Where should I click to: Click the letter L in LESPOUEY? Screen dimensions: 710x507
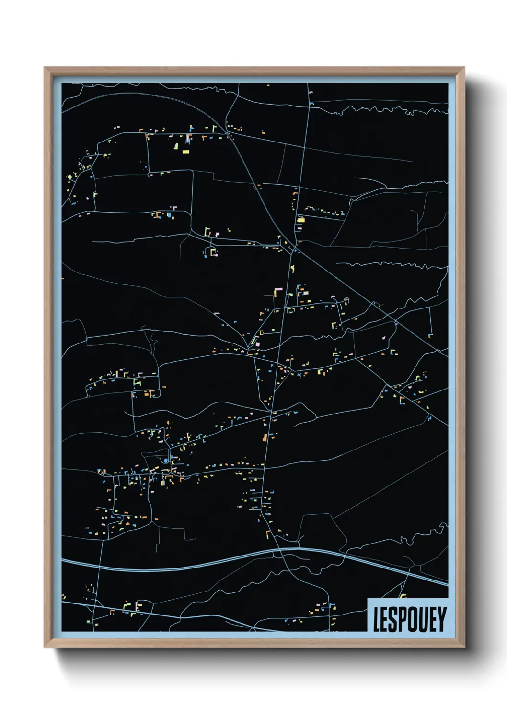click(377, 619)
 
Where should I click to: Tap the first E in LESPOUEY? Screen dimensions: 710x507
click(385, 619)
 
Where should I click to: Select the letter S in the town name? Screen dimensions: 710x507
click(393, 619)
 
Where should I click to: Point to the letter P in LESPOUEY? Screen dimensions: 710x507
click(403, 619)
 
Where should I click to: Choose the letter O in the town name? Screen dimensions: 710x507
click(413, 619)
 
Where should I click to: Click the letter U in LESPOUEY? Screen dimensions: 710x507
click(423, 619)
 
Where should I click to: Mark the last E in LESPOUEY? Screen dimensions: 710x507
click(433, 619)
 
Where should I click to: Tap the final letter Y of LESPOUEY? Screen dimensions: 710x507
click(441, 619)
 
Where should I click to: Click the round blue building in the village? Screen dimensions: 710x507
click(166, 461)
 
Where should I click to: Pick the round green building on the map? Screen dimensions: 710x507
click(70, 177)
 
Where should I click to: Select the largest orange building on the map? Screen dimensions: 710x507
click(264, 437)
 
